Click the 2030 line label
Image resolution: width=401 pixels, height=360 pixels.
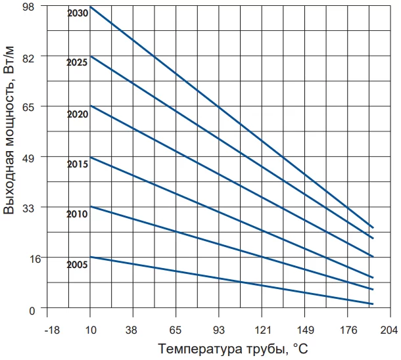[78, 13]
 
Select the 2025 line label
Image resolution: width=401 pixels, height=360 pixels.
[78, 63]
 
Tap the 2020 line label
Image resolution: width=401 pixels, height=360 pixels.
[78, 114]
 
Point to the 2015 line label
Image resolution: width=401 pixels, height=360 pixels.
[78, 164]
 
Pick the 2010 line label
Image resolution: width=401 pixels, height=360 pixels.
[78, 214]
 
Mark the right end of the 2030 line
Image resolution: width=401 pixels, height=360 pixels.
[373, 227]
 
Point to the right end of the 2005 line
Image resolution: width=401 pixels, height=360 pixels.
[373, 304]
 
